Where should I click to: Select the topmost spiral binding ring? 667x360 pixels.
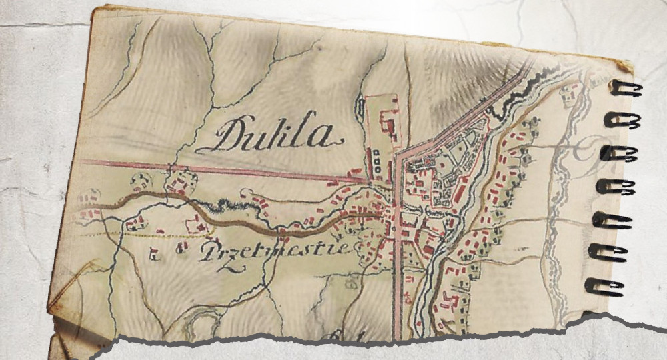[626, 89]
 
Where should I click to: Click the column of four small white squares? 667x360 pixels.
[376, 162]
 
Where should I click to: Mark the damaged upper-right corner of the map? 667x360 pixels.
[624, 65]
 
